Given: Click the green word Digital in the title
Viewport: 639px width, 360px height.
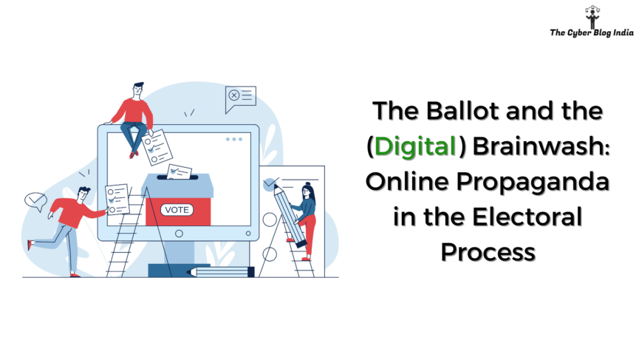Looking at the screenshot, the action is tap(415, 146).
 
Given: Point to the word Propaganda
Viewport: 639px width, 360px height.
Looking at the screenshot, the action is tap(533, 182).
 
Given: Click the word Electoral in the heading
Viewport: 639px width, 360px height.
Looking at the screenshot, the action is tap(527, 217).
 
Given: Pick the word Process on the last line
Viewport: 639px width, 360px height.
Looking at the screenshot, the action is tap(488, 252).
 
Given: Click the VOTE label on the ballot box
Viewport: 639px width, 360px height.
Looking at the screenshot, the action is tap(177, 209).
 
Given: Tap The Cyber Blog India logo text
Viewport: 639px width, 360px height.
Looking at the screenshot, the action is tap(592, 33).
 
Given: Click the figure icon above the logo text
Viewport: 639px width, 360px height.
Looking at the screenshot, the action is tap(592, 17).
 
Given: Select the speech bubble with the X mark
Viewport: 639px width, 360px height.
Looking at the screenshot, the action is tap(240, 98).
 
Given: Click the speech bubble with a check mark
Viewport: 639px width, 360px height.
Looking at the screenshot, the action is tap(36, 201).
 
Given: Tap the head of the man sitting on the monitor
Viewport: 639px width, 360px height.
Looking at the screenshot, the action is tap(138, 90).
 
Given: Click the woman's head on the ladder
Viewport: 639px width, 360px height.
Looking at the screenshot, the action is tap(307, 189).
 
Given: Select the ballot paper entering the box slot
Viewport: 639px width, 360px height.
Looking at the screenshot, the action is tap(180, 171).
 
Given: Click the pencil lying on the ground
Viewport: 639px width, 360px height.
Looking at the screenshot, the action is tap(220, 271).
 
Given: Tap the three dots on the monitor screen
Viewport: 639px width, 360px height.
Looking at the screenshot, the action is tap(234, 140).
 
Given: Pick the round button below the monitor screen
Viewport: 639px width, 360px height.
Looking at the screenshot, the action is tap(179, 234).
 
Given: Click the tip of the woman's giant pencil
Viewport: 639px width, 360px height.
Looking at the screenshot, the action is tap(275, 185).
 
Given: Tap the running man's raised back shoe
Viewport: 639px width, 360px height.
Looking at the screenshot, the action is tap(30, 245).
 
